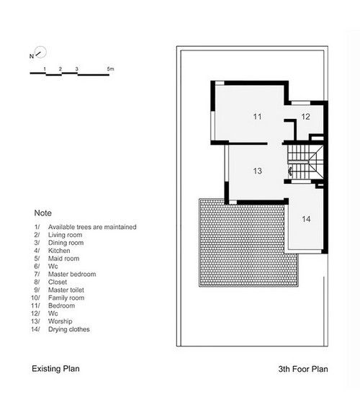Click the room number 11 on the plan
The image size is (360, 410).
coord(257,117)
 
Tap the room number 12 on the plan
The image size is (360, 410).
coord(305,117)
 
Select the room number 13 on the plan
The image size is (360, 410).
coord(257,171)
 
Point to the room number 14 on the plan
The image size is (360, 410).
coord(306,219)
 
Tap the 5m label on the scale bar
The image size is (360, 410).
coord(110,69)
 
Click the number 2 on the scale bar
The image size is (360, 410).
coord(60,69)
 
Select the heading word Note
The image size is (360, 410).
coord(43,213)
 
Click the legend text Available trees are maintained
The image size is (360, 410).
coord(92,227)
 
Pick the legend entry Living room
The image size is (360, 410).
coord(65,235)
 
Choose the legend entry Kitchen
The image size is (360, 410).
coord(59,251)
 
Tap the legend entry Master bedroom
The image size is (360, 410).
coord(72,274)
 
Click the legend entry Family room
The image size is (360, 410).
coord(66,298)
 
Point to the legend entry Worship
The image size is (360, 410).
coord(60,321)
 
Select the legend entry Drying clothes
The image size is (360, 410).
coord(69,329)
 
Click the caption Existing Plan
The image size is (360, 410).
coord(55,369)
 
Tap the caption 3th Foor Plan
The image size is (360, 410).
coord(303,369)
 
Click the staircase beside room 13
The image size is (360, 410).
coord(306,162)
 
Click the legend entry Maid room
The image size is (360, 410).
coord(64,259)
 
